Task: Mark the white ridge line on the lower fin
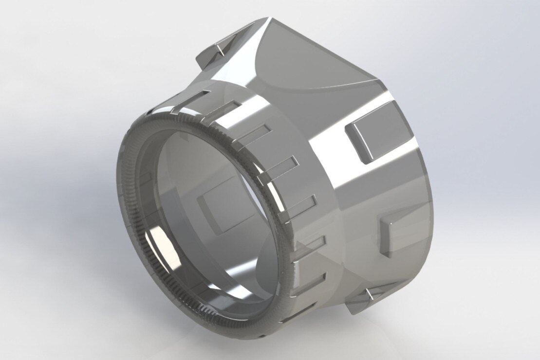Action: coord(370,294)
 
